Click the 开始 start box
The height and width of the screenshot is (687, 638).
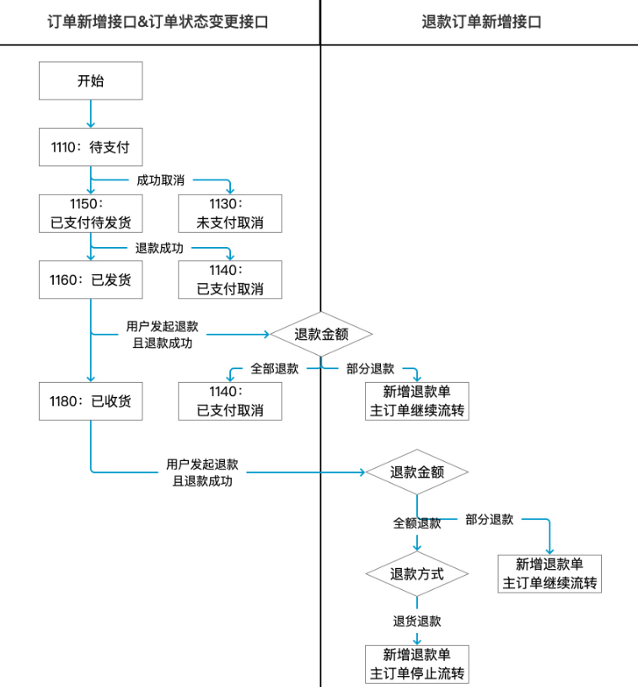pos(91,81)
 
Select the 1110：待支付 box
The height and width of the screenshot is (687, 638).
pos(91,148)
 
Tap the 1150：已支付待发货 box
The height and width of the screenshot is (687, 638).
pos(91,214)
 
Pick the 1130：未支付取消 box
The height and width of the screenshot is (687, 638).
pos(230,214)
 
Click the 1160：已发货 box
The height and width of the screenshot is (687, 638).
pos(91,280)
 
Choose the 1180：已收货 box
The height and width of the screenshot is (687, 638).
pos(91,400)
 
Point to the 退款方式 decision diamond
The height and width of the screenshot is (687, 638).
pos(416,574)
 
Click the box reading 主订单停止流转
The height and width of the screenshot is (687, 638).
pos(416,664)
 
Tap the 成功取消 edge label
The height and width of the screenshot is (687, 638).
pos(160,180)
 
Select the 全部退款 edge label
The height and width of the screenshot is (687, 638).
pos(274,368)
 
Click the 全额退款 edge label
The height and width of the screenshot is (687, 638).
pos(416,523)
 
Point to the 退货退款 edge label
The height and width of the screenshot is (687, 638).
pos(416,621)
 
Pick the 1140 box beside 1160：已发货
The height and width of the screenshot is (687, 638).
pos(230,280)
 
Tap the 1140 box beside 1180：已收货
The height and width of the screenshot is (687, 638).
pos(230,400)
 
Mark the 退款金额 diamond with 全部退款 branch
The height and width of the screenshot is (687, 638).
pos(321,334)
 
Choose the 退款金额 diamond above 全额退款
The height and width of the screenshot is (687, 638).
pos(416,472)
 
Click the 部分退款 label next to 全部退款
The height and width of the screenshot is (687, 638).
pos(370,368)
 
